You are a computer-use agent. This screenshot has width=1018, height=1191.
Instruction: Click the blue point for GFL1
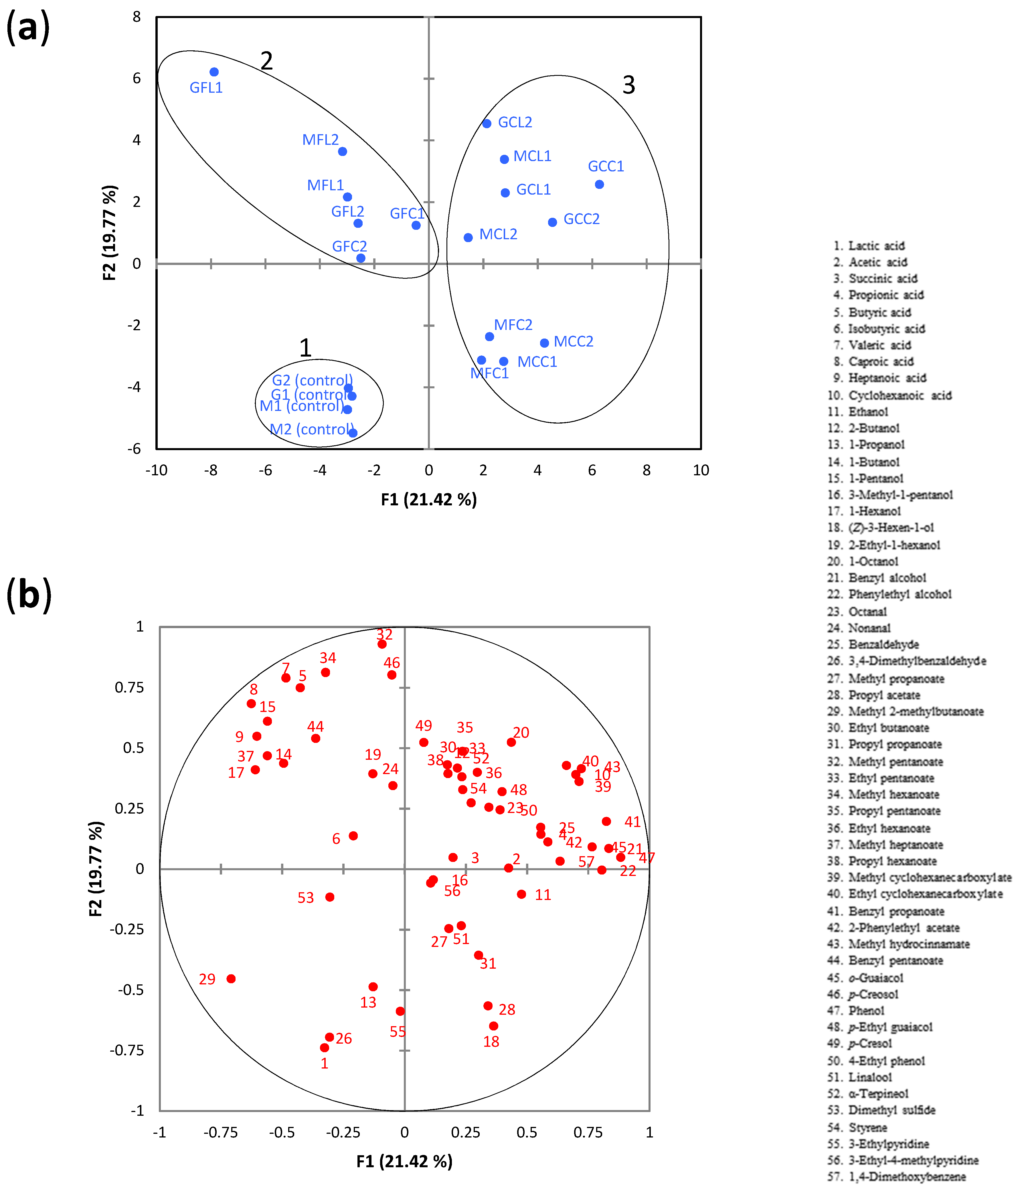click(x=214, y=72)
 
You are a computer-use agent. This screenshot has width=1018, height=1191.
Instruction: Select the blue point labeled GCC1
click(x=599, y=185)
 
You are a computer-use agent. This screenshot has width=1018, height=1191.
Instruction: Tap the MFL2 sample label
click(x=320, y=140)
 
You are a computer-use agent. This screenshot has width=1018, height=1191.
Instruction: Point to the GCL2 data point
click(x=486, y=124)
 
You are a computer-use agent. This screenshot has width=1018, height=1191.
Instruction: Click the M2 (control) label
click(x=312, y=429)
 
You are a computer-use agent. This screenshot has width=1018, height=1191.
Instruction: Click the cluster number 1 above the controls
click(x=305, y=348)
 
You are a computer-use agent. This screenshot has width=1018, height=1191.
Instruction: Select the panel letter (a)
click(x=27, y=27)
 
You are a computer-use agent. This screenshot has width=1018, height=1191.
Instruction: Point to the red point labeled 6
click(x=353, y=836)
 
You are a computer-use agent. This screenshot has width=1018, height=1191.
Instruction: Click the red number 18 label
click(x=491, y=1042)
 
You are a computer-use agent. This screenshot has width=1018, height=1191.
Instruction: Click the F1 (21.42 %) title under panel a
click(x=429, y=500)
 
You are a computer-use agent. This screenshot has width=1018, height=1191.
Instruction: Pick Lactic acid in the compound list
click(x=876, y=246)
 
